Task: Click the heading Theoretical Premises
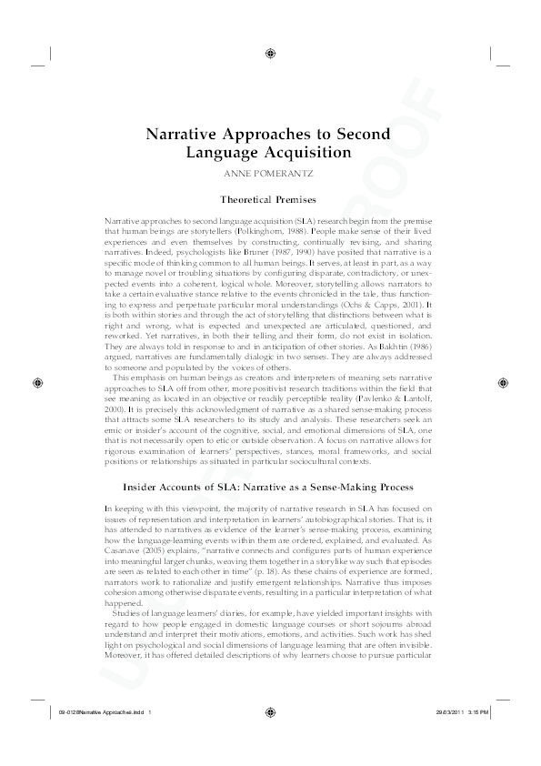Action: [269, 199]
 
